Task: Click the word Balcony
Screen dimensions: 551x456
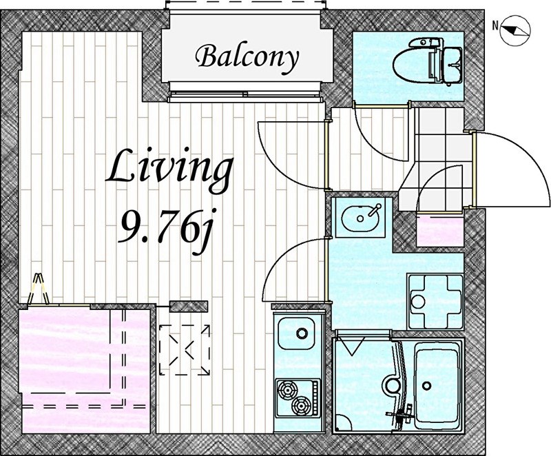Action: (247, 58)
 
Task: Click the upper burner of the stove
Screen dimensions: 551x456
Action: (287, 390)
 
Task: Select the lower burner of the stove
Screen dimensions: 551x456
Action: (301, 406)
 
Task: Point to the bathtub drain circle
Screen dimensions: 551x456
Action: (426, 386)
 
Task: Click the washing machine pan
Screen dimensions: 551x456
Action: (435, 302)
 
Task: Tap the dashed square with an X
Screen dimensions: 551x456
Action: (185, 350)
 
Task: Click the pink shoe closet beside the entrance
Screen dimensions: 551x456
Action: (440, 232)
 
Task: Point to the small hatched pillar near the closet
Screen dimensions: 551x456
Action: (189, 307)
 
